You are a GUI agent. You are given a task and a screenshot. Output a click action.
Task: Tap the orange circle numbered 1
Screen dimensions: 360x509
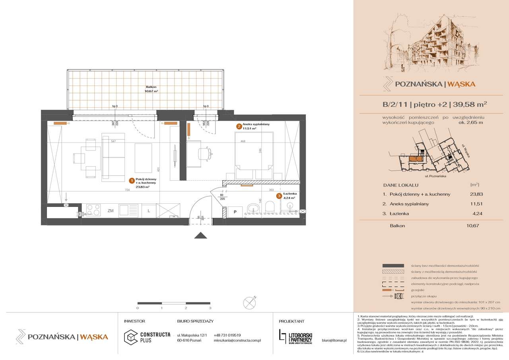pos(131,180)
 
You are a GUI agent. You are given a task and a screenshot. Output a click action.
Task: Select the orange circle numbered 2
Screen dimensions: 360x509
pos(239,126)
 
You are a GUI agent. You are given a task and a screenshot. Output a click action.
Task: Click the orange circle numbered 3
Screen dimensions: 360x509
pos(280,196)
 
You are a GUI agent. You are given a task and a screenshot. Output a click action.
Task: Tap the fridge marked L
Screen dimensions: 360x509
pos(148,210)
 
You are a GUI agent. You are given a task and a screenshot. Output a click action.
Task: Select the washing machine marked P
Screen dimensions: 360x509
pos(235,212)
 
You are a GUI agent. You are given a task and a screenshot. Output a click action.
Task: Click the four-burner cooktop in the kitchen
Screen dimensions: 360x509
pos(93,210)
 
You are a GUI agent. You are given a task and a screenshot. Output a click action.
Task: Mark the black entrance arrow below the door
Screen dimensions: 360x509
pos(200,236)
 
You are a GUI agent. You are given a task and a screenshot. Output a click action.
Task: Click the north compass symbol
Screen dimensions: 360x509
pos(251,302)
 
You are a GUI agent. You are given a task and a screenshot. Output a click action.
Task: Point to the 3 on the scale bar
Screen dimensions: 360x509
pos(210,308)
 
